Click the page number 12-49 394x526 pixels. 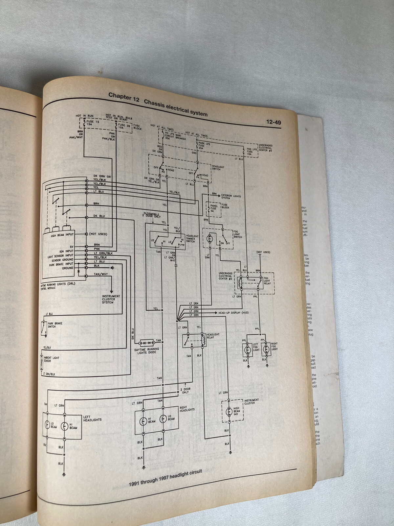coord(273,122)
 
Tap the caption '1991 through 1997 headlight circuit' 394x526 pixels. coord(165,478)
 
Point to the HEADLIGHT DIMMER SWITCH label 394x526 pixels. coord(192,239)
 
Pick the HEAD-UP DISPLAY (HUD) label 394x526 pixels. coord(233,313)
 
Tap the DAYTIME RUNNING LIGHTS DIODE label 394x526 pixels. coord(146,351)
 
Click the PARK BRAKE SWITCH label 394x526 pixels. coord(55,325)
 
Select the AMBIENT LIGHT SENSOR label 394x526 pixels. coord(51,359)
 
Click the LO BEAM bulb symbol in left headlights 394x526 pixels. coord(48,425)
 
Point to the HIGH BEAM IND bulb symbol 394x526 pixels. coord(229,411)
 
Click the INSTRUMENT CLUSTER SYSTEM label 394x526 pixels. coord(111,299)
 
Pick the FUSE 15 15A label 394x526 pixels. coord(90,123)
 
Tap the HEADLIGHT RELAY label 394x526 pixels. coord(213,336)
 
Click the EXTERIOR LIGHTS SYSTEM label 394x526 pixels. coord(231,197)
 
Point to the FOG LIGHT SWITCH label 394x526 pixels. coord(237,234)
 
